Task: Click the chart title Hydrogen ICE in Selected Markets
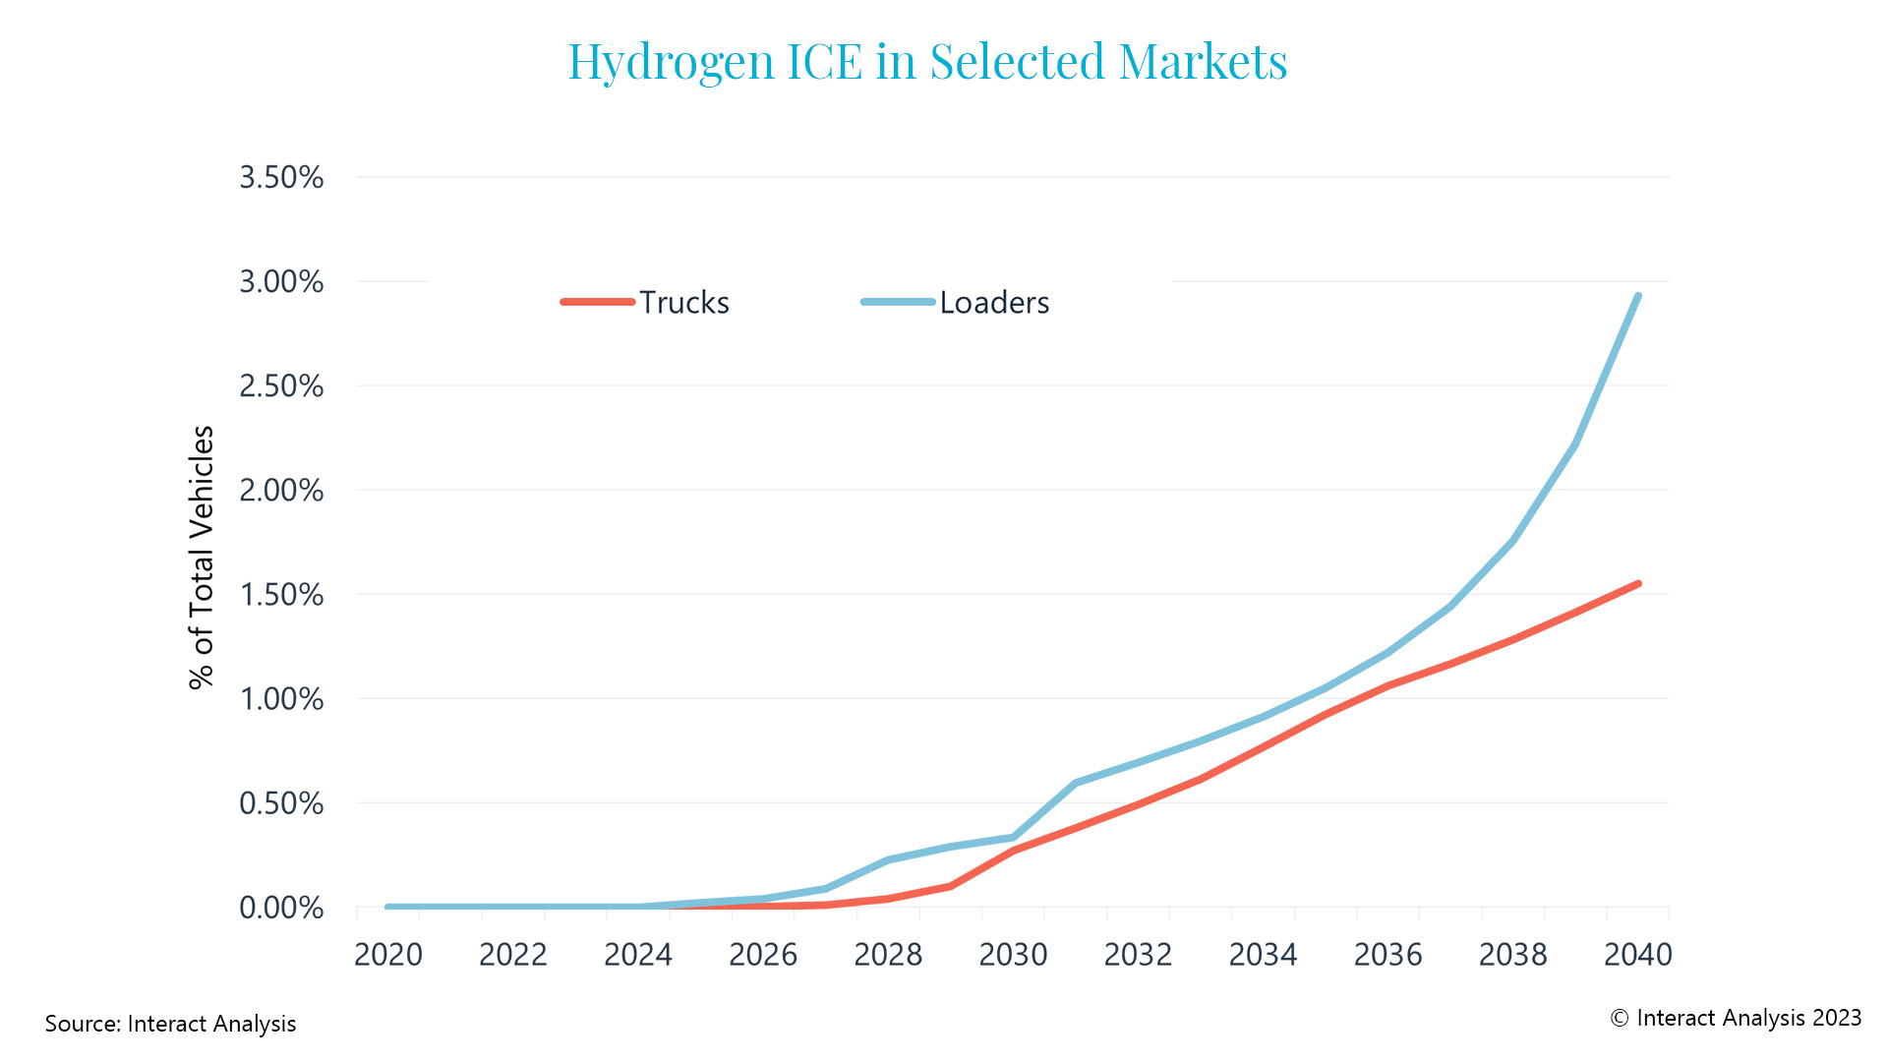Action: tap(927, 61)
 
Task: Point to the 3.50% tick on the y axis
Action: tap(281, 177)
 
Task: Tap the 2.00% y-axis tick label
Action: tap(281, 490)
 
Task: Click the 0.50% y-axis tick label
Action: tap(281, 803)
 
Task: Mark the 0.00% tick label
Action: tap(281, 908)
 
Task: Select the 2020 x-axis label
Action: tap(388, 954)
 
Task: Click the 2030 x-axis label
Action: tap(1013, 954)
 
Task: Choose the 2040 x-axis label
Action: tap(1637, 954)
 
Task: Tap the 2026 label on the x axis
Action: tap(763, 954)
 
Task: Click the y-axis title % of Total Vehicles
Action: tap(202, 557)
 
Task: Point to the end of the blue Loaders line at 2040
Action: tap(1637, 296)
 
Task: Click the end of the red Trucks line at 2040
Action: tap(1637, 584)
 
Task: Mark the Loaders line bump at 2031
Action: tap(1076, 783)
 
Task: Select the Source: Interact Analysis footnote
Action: tap(170, 1024)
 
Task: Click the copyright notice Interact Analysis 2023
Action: tap(1736, 1018)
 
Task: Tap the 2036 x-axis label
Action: tap(1387, 954)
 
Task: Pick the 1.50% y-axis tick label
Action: tap(281, 594)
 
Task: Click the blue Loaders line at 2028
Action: tap(888, 860)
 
